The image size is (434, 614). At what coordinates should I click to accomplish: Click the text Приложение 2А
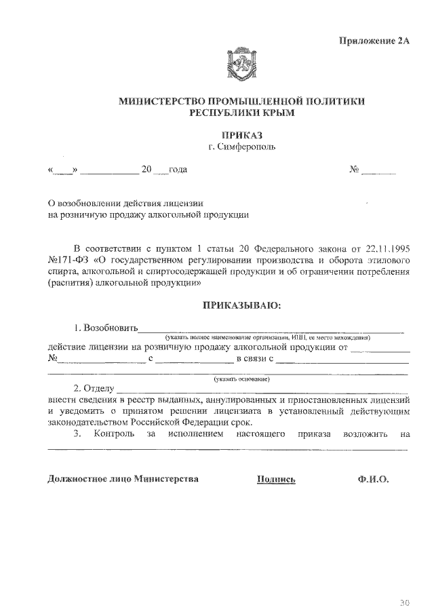pos(375,40)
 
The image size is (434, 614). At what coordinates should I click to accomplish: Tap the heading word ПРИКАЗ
pos(242,135)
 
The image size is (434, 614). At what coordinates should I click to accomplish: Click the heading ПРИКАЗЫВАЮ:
pos(242,305)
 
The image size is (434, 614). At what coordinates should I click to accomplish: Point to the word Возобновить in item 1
pos(111,328)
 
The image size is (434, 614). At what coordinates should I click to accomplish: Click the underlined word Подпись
pos(277,479)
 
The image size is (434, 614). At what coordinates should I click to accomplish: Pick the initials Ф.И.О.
pos(372,479)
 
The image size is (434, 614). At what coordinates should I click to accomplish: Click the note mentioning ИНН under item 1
pos(264,337)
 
